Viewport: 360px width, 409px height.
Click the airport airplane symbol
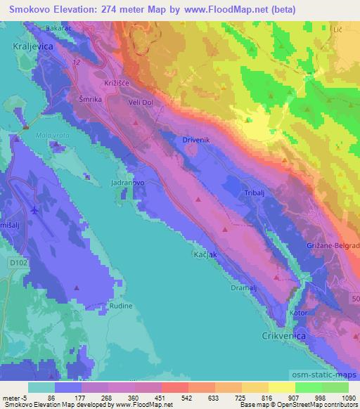[37, 209]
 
